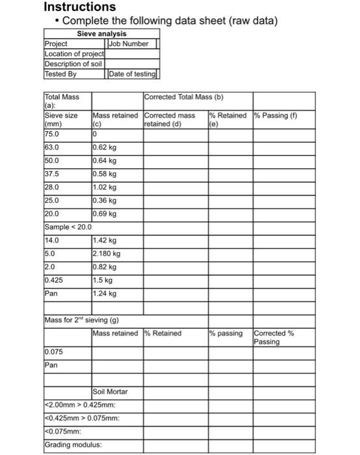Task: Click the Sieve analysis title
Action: [x=102, y=34]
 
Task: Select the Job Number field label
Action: [x=129, y=44]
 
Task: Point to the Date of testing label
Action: [x=133, y=74]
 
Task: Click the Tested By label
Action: [x=60, y=74]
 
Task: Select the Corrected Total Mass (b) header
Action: [x=184, y=97]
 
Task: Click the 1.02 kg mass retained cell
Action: [x=105, y=187]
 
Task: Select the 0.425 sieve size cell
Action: [x=53, y=279]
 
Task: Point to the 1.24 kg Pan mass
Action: [x=105, y=293]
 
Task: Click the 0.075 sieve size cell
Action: [x=54, y=352]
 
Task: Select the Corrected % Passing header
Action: [x=274, y=337]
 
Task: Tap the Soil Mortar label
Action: [x=110, y=391]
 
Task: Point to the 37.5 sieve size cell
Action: [x=51, y=174]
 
